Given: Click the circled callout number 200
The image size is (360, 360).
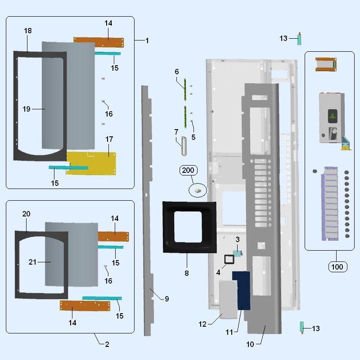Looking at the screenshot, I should [189, 170].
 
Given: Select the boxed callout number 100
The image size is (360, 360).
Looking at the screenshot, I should [337, 267].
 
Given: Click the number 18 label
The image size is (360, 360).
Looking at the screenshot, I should [28, 31].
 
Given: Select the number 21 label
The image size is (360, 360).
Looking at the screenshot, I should [32, 262].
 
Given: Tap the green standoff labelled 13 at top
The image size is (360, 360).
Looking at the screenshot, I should [299, 39].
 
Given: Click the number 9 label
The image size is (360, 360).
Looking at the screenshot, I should [166, 299].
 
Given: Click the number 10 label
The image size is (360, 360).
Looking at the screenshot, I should [250, 344].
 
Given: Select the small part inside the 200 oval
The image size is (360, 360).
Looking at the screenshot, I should [198, 191].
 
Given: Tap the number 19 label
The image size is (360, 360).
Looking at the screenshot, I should [26, 109].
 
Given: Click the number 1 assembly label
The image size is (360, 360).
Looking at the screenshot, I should [147, 40].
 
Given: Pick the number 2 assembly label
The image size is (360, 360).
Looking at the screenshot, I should [107, 344].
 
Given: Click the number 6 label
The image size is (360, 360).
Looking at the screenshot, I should [177, 72].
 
